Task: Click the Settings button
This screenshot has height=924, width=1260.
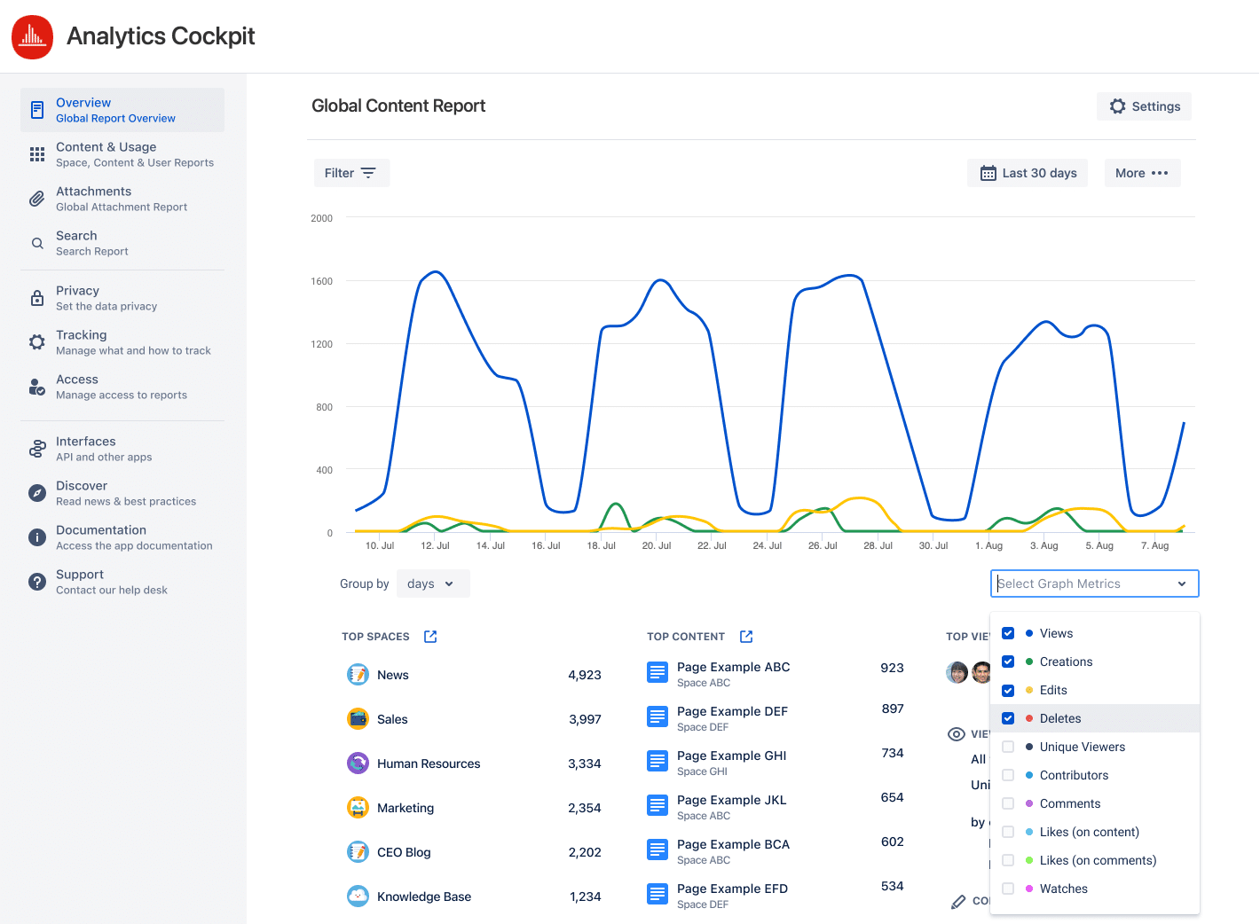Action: (x=1144, y=106)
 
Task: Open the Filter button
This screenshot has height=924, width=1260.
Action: (x=350, y=173)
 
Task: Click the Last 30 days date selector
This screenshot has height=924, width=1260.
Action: (x=1028, y=173)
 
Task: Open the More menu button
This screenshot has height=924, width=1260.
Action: (x=1141, y=173)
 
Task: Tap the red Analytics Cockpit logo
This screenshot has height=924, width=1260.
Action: (x=32, y=36)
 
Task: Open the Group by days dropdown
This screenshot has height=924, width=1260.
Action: (x=432, y=583)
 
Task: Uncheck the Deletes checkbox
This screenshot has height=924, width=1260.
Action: (x=1008, y=718)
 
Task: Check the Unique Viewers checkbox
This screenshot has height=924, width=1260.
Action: (x=1008, y=747)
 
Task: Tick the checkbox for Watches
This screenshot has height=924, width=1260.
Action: (x=1008, y=889)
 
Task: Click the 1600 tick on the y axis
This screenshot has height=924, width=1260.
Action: (x=321, y=281)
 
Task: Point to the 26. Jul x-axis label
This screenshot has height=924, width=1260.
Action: (x=823, y=545)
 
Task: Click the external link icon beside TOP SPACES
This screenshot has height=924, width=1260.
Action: (x=430, y=637)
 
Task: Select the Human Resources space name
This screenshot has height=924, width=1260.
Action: (x=428, y=763)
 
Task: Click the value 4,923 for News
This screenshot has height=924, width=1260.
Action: (x=584, y=675)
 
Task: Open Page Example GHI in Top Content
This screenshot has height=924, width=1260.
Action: (x=731, y=756)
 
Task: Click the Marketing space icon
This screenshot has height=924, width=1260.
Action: (x=358, y=808)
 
